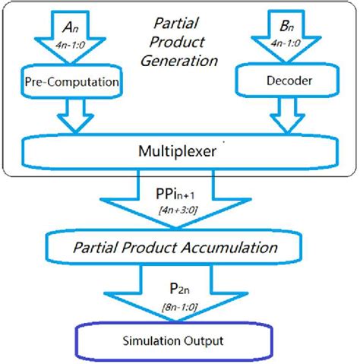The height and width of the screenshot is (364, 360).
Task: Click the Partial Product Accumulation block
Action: [x=179, y=248]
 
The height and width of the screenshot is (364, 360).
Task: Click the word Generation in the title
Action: [x=178, y=59]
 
